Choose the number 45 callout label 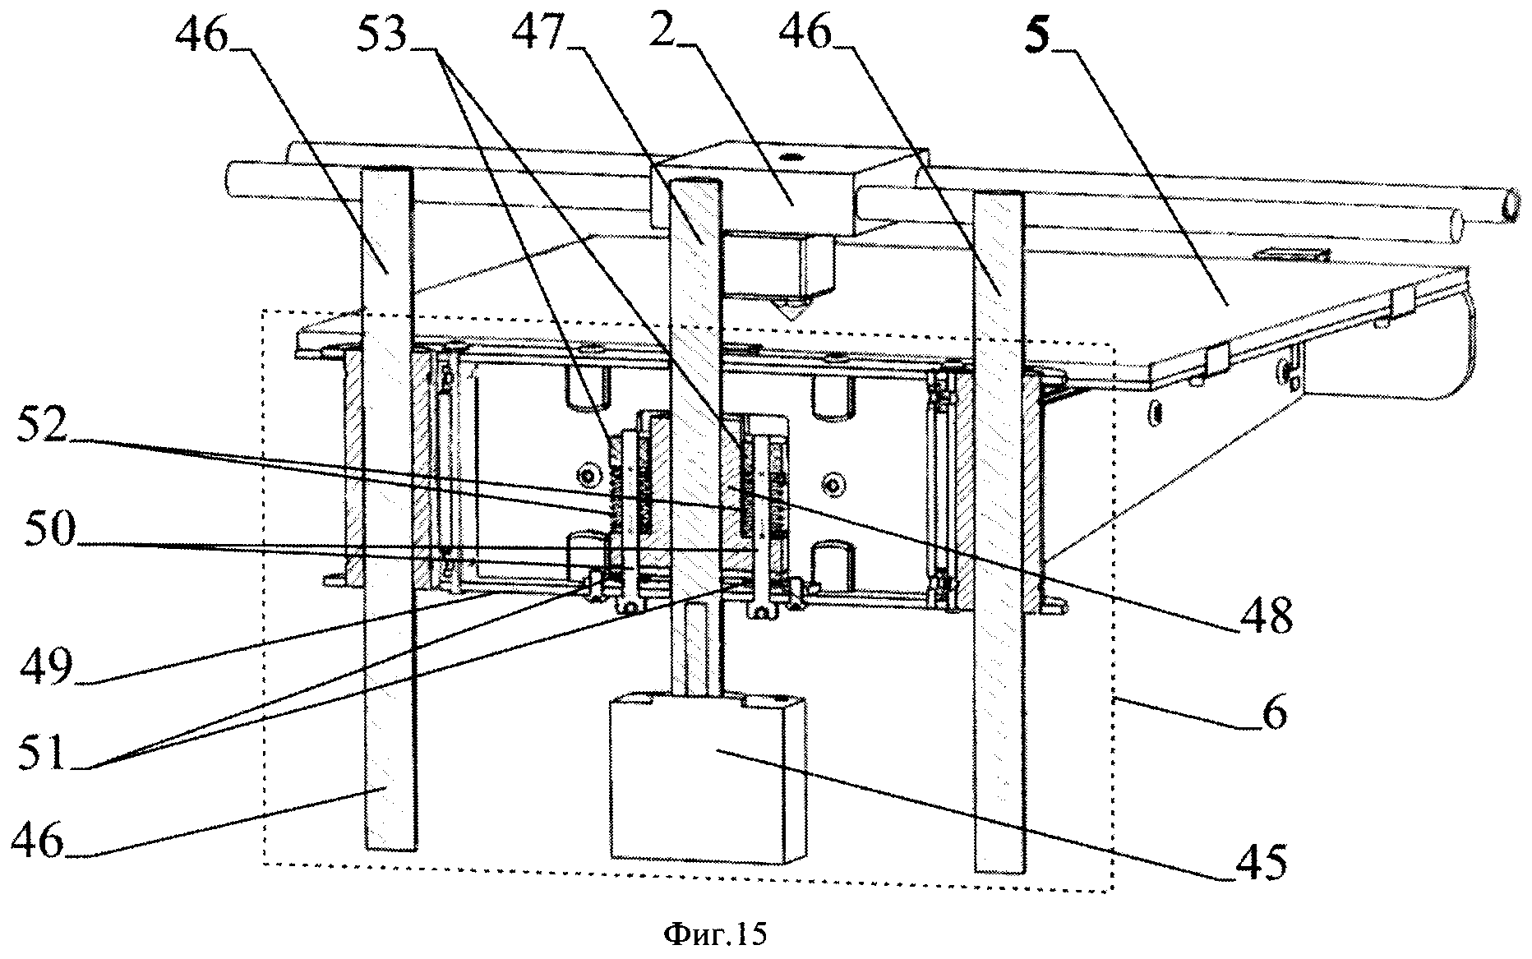pyautogui.click(x=1262, y=864)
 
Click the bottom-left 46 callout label pyautogui.click(x=39, y=841)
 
